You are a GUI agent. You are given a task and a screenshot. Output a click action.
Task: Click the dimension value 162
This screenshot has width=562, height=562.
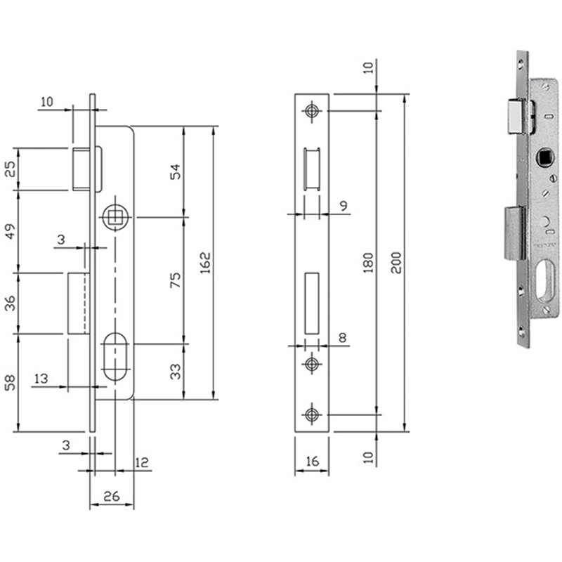tap(205, 263)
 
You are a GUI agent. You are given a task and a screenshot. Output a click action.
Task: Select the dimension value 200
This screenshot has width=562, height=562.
tap(396, 263)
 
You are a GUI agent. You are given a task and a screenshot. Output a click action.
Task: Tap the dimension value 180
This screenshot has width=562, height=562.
tap(368, 263)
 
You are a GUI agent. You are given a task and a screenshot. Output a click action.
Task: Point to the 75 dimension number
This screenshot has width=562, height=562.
tap(175, 280)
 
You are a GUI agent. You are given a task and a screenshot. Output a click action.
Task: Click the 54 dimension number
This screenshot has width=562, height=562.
tap(175, 171)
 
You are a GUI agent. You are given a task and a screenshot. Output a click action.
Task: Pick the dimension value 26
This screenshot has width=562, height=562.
tap(112, 497)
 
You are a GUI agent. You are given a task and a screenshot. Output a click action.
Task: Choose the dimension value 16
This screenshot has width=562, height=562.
tap(313, 462)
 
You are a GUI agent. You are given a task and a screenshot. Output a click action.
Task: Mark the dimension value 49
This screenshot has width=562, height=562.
tap(11, 231)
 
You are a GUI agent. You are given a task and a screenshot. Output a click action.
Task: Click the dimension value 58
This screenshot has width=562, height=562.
tap(11, 382)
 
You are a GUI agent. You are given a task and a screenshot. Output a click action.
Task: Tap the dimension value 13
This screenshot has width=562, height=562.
tap(41, 379)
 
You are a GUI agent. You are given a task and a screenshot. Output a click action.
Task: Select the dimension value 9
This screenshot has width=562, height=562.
tap(344, 206)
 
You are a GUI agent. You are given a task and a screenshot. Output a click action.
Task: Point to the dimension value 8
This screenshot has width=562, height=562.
tap(343, 338)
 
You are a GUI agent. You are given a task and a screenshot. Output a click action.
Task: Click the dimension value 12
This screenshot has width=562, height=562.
tap(142, 462)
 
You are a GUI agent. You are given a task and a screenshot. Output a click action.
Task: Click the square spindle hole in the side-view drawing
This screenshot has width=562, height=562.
tap(115, 217)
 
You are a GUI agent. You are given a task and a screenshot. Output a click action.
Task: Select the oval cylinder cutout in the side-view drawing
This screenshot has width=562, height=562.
tap(115, 357)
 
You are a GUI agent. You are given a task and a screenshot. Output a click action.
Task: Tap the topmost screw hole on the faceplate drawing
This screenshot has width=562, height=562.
tap(311, 111)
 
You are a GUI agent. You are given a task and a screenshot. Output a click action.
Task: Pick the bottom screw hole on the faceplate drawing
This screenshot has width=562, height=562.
tap(311, 414)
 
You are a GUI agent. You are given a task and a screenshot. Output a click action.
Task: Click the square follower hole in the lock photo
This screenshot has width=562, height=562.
tap(544, 157)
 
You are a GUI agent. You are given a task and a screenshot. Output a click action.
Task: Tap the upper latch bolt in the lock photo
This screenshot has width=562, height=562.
tap(516, 117)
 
